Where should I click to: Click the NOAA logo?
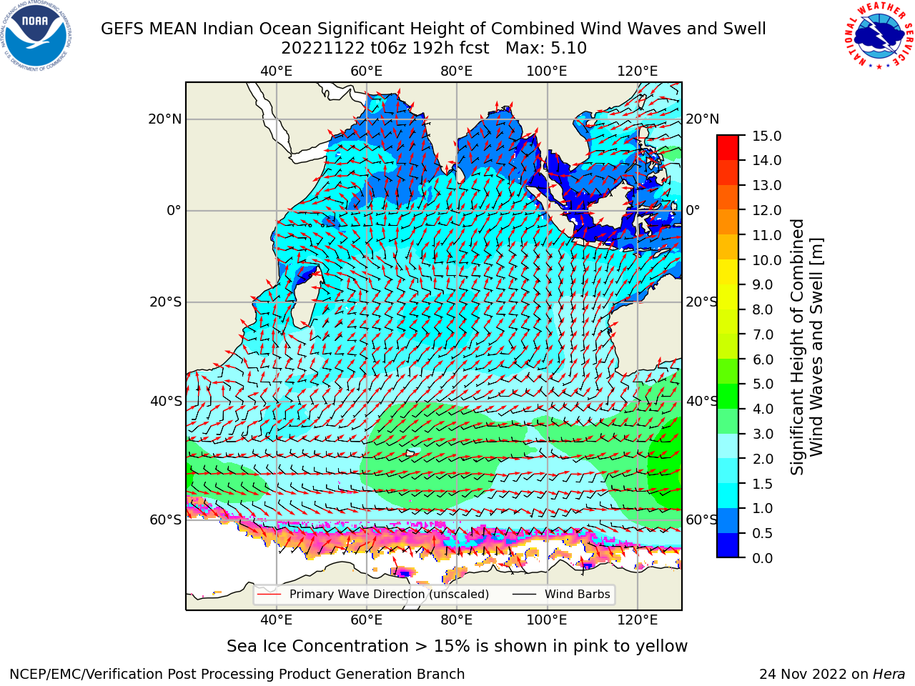[x=36, y=36]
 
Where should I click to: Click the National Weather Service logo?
[x=879, y=36]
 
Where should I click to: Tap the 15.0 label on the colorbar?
[x=766, y=136]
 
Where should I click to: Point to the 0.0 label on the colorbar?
[x=763, y=558]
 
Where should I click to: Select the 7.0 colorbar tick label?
[x=763, y=334]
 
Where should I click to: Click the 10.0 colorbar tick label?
[x=766, y=260]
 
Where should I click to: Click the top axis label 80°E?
[x=457, y=71]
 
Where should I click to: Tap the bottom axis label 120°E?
[x=638, y=620]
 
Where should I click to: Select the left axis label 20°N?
[x=165, y=119]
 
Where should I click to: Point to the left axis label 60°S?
[x=166, y=520]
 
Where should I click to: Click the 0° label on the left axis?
[x=174, y=210]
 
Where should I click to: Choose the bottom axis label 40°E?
[x=277, y=620]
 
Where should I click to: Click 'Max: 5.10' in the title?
[x=546, y=49]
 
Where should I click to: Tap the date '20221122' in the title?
[x=323, y=49]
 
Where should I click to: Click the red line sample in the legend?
[x=269, y=595]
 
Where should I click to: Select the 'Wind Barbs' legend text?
[x=578, y=595]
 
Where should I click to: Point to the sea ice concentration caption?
[x=457, y=646]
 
